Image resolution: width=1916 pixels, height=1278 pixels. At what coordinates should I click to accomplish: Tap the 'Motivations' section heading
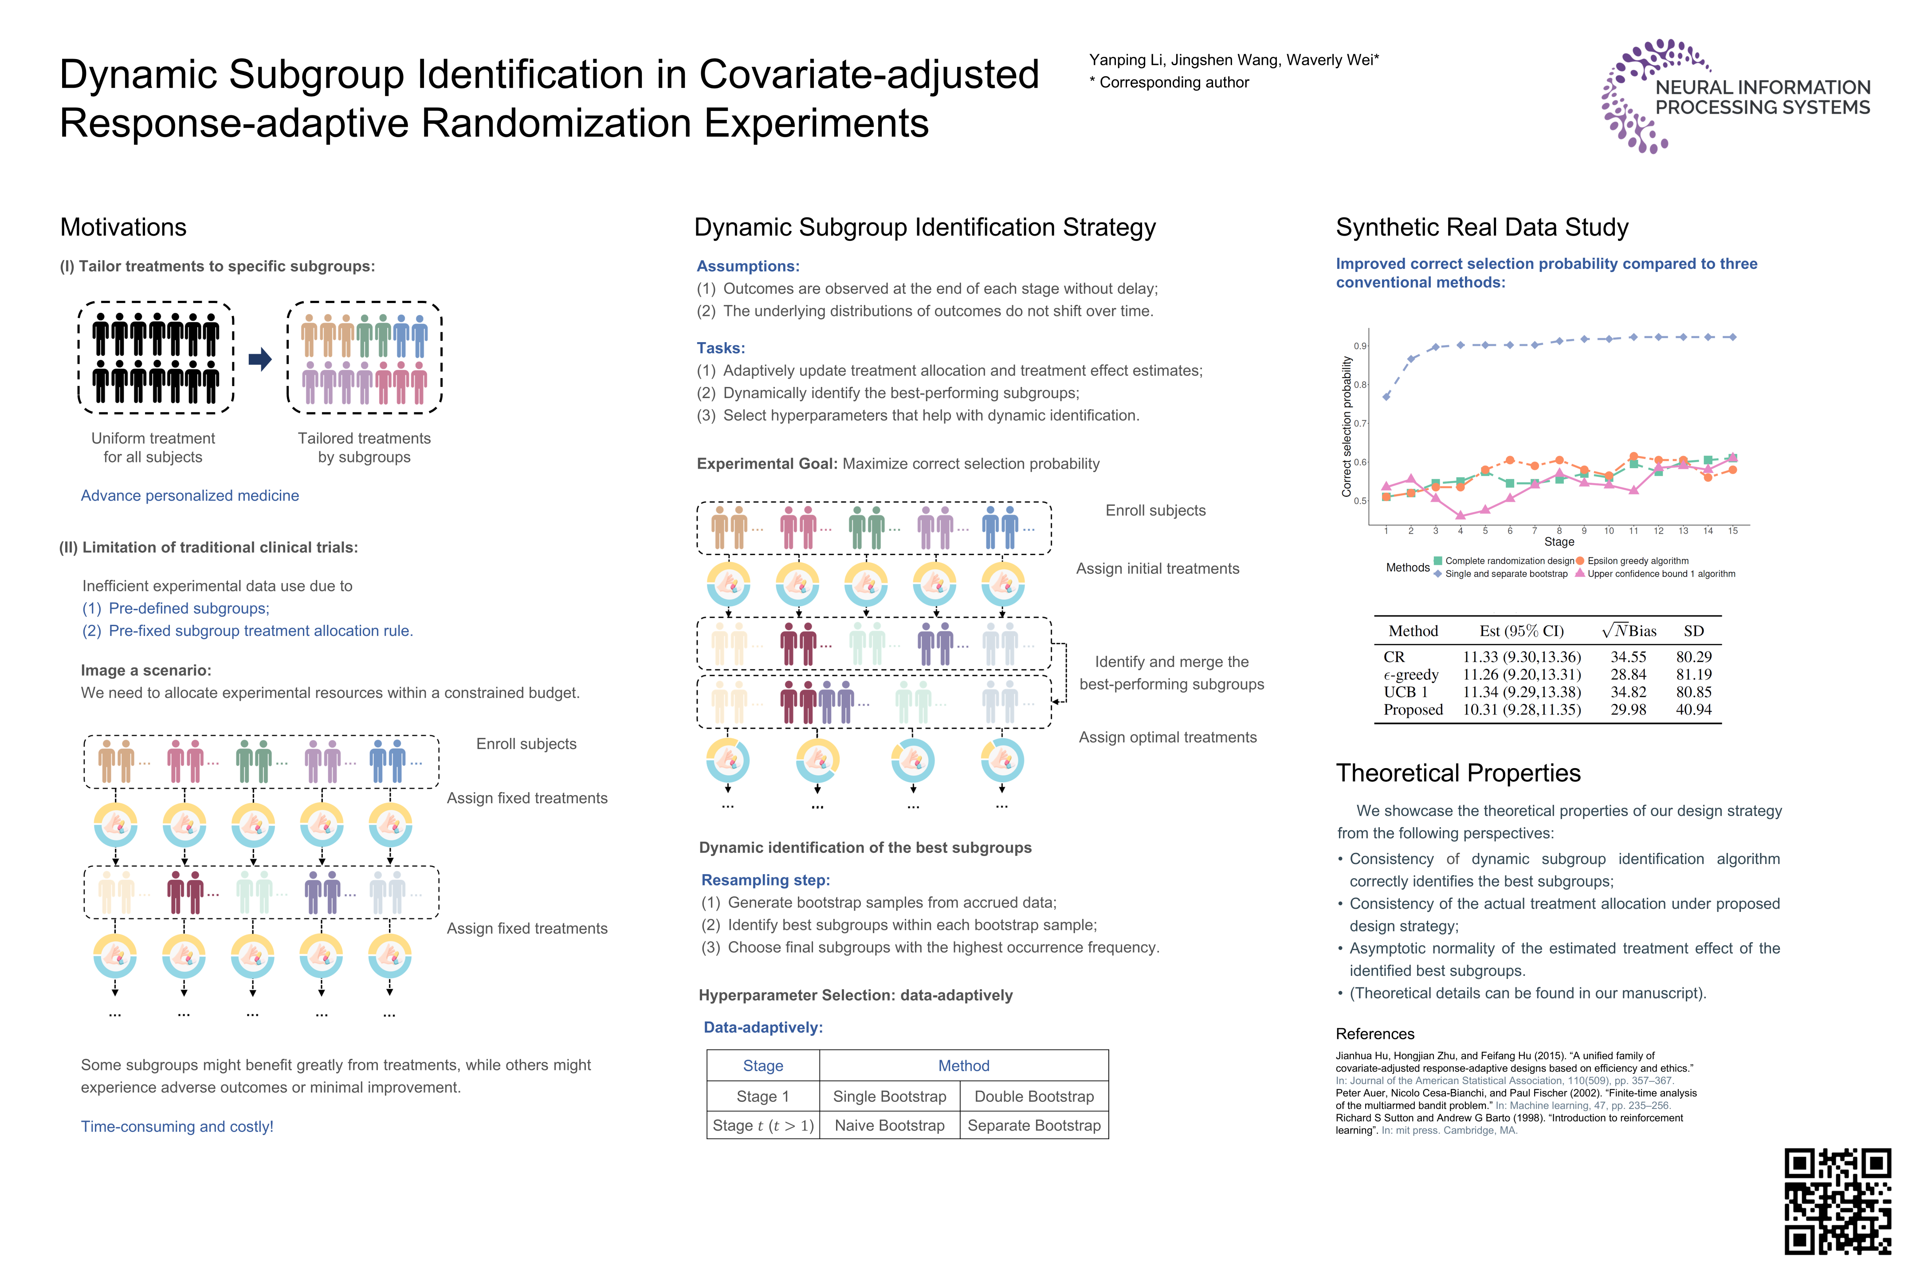point(123,227)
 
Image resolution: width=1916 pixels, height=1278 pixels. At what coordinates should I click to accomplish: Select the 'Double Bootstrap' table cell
point(1034,1096)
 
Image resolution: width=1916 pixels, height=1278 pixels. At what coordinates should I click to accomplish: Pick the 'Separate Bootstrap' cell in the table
point(1034,1126)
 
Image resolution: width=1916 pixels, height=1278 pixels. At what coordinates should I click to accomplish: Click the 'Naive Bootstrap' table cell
point(890,1126)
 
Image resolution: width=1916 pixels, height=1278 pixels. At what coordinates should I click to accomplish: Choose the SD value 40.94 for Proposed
point(1694,710)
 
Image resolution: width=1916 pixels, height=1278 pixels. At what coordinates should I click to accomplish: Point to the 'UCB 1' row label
point(1405,692)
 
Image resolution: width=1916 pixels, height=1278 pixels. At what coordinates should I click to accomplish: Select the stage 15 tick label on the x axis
point(1733,531)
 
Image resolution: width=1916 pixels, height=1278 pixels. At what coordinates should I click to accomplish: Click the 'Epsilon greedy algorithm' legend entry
point(1637,561)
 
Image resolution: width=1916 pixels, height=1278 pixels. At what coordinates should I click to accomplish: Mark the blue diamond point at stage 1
point(1386,396)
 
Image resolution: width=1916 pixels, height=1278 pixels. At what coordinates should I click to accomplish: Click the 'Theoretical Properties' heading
point(1458,773)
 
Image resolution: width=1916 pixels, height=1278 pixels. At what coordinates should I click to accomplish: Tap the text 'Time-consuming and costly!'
point(177,1126)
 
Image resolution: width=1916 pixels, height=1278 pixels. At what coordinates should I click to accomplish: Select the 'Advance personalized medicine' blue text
point(190,496)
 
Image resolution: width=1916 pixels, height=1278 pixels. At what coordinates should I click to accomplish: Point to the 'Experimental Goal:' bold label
point(766,464)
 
